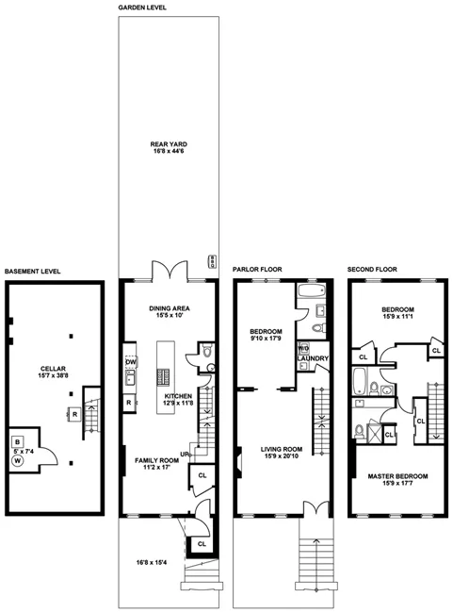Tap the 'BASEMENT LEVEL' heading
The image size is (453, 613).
tap(33, 271)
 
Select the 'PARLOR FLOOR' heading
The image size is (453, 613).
tap(257, 270)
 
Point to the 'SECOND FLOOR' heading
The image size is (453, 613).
tap(372, 270)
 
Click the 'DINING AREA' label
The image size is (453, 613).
tap(170, 311)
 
